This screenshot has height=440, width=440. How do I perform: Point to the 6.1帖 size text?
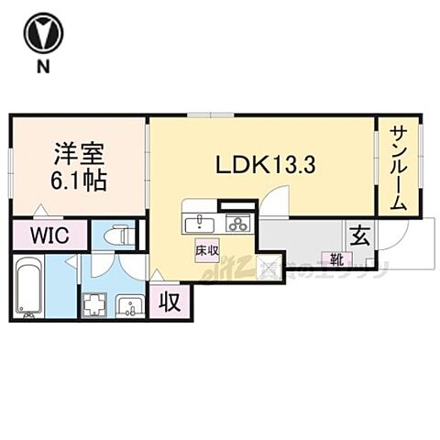(79, 180)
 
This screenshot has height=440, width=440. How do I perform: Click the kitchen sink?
(197, 223)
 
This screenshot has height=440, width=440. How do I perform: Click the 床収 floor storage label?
(205, 249)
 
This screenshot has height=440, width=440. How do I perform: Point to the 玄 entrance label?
(360, 235)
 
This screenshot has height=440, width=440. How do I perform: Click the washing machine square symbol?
(95, 305)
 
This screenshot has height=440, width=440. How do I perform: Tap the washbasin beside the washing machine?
(128, 305)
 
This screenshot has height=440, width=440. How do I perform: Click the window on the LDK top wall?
(211, 115)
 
